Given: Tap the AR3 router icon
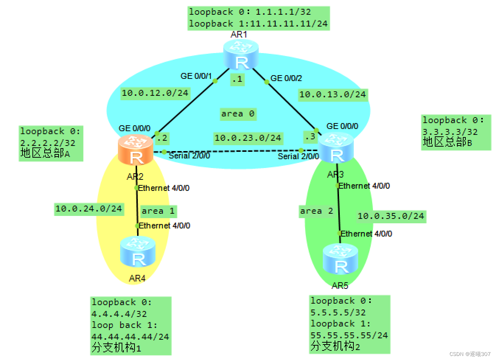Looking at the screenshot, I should [x=336, y=148].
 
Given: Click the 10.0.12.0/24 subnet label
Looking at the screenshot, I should [x=155, y=93].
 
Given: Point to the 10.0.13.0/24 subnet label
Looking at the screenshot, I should [x=332, y=94].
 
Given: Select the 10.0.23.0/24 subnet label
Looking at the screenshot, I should [x=248, y=138].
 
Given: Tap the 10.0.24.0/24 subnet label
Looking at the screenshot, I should [x=88, y=209].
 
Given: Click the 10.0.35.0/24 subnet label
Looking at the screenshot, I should [x=391, y=216].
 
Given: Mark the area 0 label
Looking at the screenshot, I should [x=238, y=113].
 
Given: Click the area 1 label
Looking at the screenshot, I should [x=158, y=211].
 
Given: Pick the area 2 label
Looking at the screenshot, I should [x=317, y=211].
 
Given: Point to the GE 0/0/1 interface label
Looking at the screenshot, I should [x=196, y=76].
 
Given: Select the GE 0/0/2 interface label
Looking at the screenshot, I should [x=286, y=78].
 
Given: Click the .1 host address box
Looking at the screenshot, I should [x=237, y=79].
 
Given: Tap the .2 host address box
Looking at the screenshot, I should [x=162, y=138].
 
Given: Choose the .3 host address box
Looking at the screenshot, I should [x=310, y=136].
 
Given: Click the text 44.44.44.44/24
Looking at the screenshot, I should [x=130, y=336].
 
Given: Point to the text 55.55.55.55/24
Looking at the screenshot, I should [x=349, y=335].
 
